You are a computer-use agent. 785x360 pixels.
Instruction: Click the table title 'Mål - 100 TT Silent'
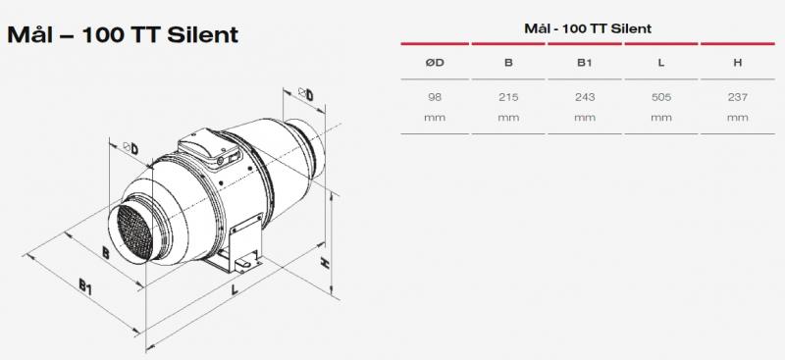(584, 27)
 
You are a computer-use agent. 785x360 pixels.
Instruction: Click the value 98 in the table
(435, 96)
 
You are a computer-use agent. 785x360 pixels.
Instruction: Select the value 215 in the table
(508, 96)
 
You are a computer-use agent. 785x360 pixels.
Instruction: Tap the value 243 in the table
(584, 96)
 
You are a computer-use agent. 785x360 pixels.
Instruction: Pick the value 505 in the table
(659, 96)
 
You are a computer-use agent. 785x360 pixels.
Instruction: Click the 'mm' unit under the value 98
(435, 117)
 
